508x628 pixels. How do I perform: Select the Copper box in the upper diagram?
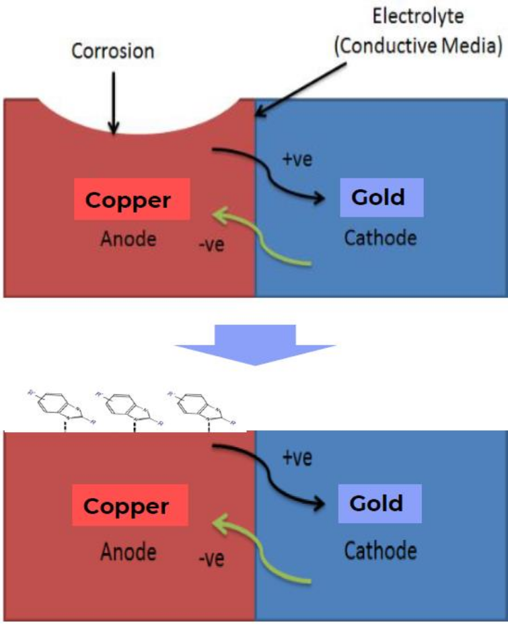[x=127, y=200]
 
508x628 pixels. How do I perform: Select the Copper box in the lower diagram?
[x=126, y=505]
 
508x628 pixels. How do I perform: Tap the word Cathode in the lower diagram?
[x=381, y=551]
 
